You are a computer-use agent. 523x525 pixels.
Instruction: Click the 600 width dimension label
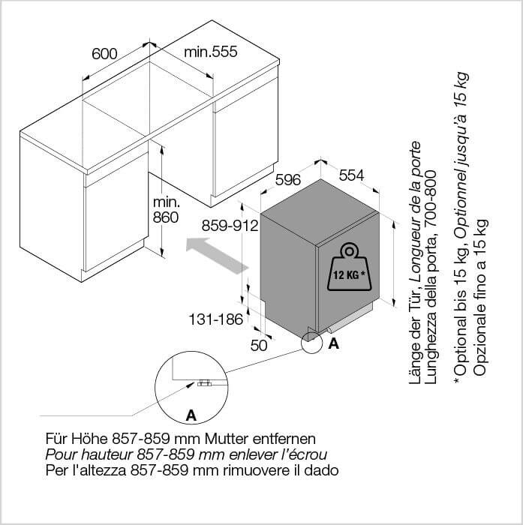[x=104, y=54]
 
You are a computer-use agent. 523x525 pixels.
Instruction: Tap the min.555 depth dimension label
[x=211, y=52]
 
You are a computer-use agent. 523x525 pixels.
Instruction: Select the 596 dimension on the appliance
[x=288, y=180]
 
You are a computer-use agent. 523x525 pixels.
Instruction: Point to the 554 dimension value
[x=351, y=175]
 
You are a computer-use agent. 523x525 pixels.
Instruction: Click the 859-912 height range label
[x=230, y=226]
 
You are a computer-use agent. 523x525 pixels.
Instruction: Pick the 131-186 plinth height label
[x=216, y=319]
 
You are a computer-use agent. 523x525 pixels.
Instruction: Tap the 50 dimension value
[x=259, y=346]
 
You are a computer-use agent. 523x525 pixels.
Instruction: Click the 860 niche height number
[x=166, y=217]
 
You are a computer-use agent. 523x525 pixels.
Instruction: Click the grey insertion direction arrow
[x=217, y=255]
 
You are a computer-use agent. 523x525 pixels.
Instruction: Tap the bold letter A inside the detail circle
[x=191, y=415]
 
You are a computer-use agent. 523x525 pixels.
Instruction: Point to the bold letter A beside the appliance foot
[x=334, y=343]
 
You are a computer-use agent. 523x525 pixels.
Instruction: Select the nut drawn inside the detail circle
[x=203, y=382]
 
